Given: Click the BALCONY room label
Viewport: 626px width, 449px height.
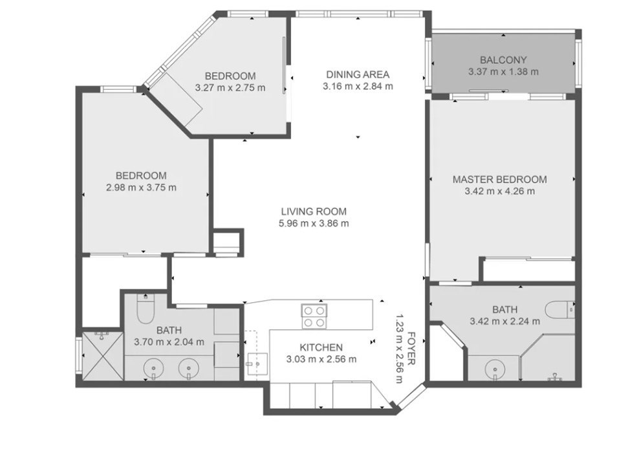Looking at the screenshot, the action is [503, 60].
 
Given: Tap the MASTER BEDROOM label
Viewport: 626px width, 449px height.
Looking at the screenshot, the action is [499, 179].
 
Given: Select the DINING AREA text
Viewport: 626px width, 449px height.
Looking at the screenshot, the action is [358, 74].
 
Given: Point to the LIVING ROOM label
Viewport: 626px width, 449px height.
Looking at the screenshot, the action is [314, 212].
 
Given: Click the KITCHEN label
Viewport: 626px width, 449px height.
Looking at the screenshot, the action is [321, 347].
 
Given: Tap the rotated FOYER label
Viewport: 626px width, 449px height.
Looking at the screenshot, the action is [412, 348].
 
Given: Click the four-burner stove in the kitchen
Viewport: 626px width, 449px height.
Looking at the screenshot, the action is [314, 316].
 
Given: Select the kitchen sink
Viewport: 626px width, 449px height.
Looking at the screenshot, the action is [256, 364].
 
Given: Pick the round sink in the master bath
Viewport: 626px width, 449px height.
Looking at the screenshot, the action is [494, 369].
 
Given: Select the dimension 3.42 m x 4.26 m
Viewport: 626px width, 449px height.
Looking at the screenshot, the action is [499, 192].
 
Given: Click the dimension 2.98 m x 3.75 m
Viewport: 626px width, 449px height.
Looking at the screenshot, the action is [142, 188].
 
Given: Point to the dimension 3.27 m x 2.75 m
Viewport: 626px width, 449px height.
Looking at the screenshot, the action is [230, 88].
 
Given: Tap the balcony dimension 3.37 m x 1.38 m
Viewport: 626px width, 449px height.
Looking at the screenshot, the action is [503, 72].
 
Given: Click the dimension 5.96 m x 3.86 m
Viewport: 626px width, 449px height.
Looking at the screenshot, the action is [314, 223].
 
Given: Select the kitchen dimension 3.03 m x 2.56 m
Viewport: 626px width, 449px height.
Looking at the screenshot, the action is [321, 359].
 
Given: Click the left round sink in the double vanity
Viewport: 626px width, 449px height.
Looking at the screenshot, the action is [153, 368].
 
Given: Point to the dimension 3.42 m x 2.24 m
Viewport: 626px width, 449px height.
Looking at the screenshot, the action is [505, 321].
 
